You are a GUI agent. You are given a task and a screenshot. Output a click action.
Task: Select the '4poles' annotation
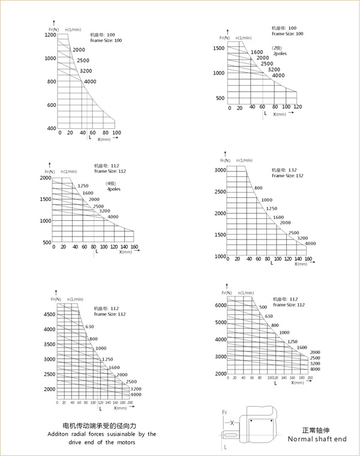click(115, 189)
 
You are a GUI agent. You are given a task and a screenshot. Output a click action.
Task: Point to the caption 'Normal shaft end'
click(317, 439)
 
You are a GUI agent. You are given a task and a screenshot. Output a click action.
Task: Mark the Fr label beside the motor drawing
click(224, 412)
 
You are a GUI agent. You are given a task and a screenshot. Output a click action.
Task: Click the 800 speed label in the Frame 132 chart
click(259, 188)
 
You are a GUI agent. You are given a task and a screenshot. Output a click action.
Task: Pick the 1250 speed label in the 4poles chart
click(83, 186)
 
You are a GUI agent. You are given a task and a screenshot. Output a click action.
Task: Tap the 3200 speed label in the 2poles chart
click(274, 70)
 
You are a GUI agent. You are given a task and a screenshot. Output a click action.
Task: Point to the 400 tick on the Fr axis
click(51, 128)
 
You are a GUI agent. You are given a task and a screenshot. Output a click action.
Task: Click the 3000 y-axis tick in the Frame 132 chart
click(220, 170)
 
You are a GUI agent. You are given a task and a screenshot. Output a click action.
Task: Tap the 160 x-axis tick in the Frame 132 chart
click(308, 260)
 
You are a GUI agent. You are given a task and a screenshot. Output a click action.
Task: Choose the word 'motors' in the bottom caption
click(124, 442)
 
